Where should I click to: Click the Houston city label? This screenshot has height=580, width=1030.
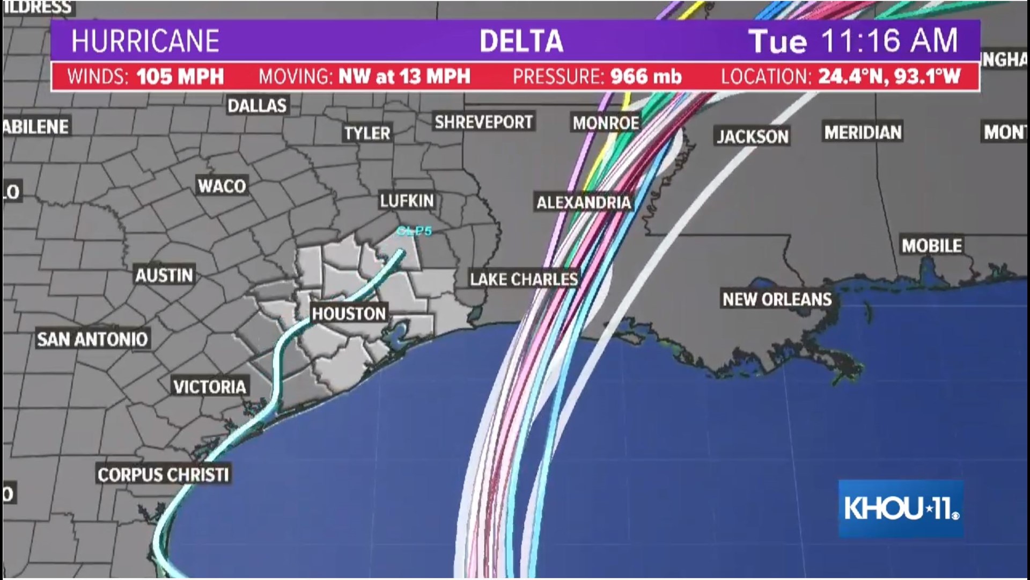click(x=349, y=314)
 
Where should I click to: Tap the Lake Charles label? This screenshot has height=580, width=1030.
click(x=524, y=279)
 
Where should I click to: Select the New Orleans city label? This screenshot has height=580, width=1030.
click(x=777, y=299)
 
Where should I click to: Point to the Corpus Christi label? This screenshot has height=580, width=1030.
click(x=164, y=475)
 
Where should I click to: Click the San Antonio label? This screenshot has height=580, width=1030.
click(x=92, y=339)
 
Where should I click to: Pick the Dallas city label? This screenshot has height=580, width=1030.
click(x=257, y=105)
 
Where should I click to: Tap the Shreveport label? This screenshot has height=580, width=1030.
click(x=483, y=122)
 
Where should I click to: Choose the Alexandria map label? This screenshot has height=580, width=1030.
click(x=584, y=202)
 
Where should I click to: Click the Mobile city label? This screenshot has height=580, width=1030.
click(x=932, y=245)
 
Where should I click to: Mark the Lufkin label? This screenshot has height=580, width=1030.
click(x=407, y=201)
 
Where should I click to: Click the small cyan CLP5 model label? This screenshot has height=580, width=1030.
click(x=414, y=231)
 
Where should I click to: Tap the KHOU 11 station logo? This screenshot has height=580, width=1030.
click(x=901, y=509)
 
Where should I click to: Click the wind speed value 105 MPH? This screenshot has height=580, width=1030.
click(x=180, y=77)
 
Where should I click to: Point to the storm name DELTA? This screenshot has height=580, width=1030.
click(x=521, y=41)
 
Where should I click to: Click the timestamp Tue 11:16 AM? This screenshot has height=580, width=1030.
click(x=853, y=41)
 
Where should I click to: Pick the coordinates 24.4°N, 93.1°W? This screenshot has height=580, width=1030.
click(x=889, y=77)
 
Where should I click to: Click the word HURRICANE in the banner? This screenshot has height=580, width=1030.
click(x=145, y=41)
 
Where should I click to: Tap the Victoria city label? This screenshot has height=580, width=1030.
click(x=210, y=387)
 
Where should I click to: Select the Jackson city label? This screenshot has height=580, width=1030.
click(x=753, y=136)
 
